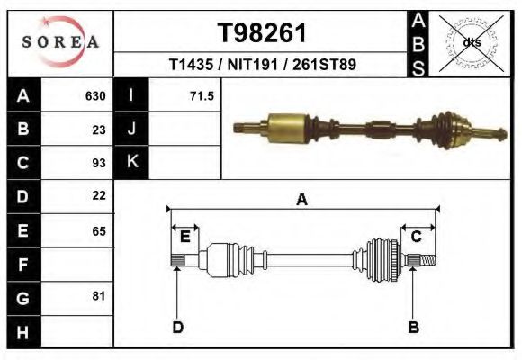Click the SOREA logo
point(59,41)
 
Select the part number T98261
point(262,33)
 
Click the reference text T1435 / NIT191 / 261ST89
point(262,66)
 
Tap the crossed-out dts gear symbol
point(471,42)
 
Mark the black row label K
point(131,163)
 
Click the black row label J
point(131,130)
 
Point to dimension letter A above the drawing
point(302,200)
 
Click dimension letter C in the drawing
point(417,237)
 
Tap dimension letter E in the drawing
point(184,237)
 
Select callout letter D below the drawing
point(177,327)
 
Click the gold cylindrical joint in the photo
point(285,122)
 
